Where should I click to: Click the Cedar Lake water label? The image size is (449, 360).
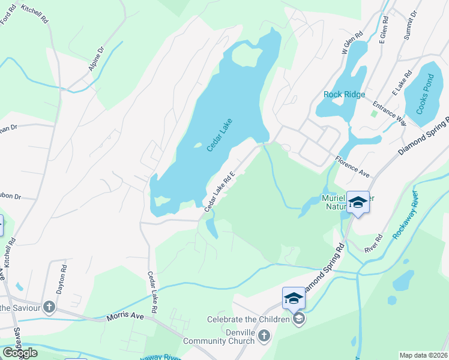point(219,134)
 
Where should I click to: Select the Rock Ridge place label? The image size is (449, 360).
point(344,94)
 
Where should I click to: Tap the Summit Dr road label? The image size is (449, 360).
point(410,25)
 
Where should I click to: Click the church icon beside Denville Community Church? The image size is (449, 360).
point(264,337)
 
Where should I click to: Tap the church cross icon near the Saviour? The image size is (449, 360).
point(49,308)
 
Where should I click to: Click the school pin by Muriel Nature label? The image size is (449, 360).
point(358,202)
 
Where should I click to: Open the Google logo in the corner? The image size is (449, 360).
point(20,353)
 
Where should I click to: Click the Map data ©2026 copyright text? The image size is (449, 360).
point(424,355)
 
